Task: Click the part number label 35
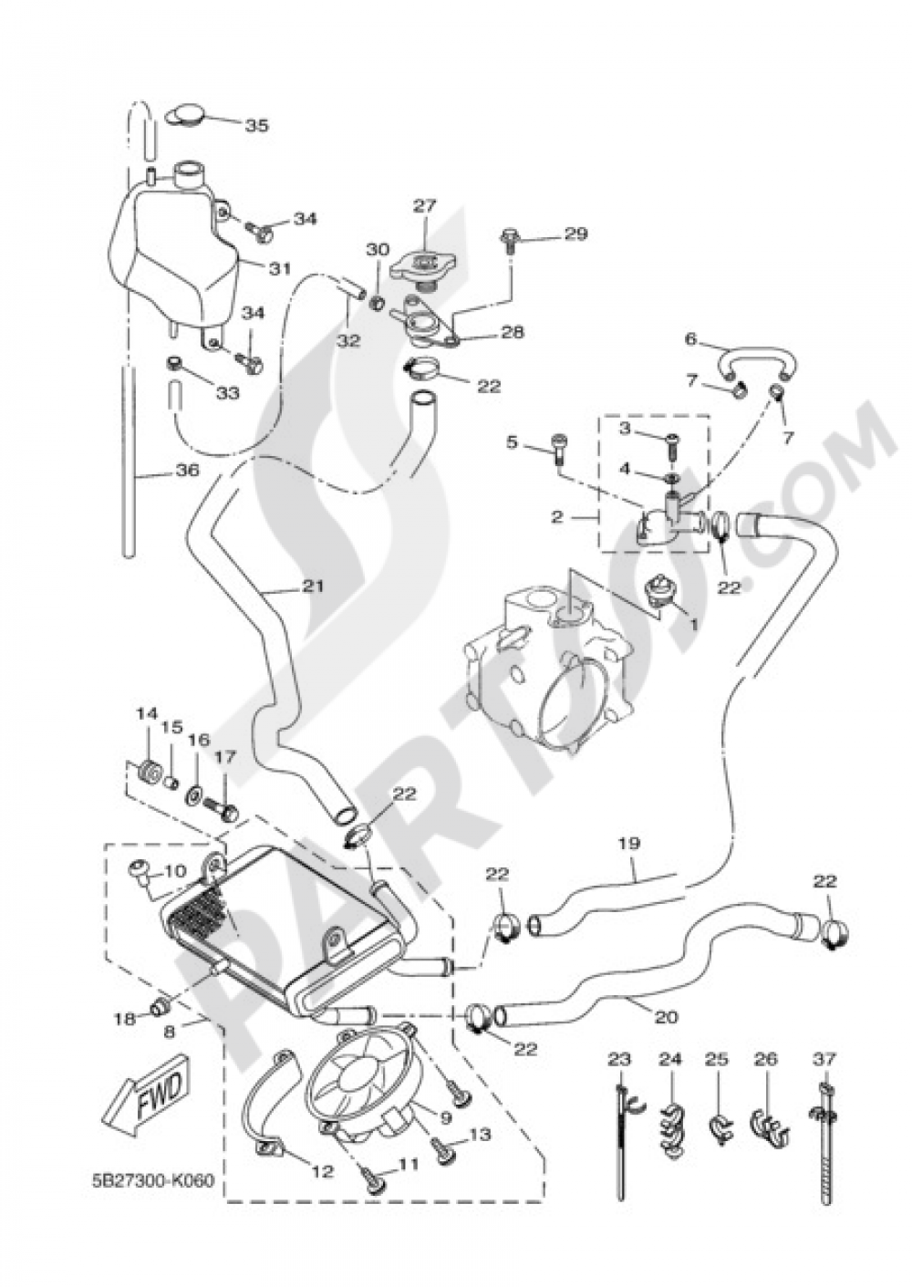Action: (257, 126)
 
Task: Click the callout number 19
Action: (635, 846)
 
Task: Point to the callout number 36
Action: (187, 472)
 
